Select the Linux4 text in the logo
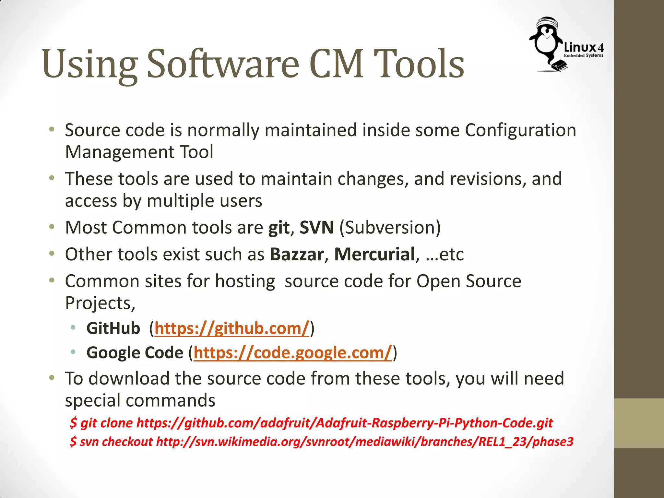click(584, 47)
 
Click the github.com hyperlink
click(232, 328)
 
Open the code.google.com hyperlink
click(293, 353)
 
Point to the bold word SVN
click(316, 227)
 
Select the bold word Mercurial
click(374, 254)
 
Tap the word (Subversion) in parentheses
click(390, 227)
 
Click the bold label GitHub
click(113, 328)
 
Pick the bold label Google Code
click(135, 353)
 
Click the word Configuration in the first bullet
click(520, 130)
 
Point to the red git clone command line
click(311, 423)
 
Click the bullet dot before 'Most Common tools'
click(52, 227)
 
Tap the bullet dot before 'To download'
click(52, 378)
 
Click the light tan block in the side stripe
click(639, 423)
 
